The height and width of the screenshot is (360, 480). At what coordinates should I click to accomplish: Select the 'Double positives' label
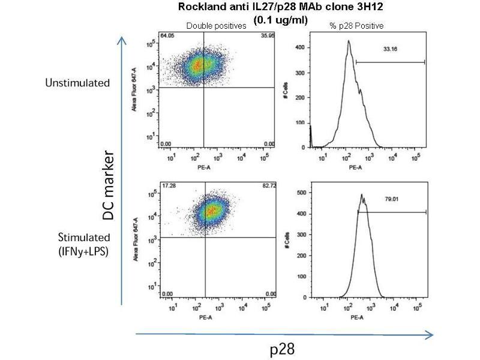coord(217,26)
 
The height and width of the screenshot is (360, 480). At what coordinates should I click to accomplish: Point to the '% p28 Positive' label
coord(356,26)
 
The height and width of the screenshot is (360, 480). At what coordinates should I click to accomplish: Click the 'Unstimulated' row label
coord(77,82)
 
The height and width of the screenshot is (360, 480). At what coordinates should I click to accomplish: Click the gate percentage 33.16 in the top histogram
coord(389,52)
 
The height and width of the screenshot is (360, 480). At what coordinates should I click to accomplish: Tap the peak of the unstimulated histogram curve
coord(348,41)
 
